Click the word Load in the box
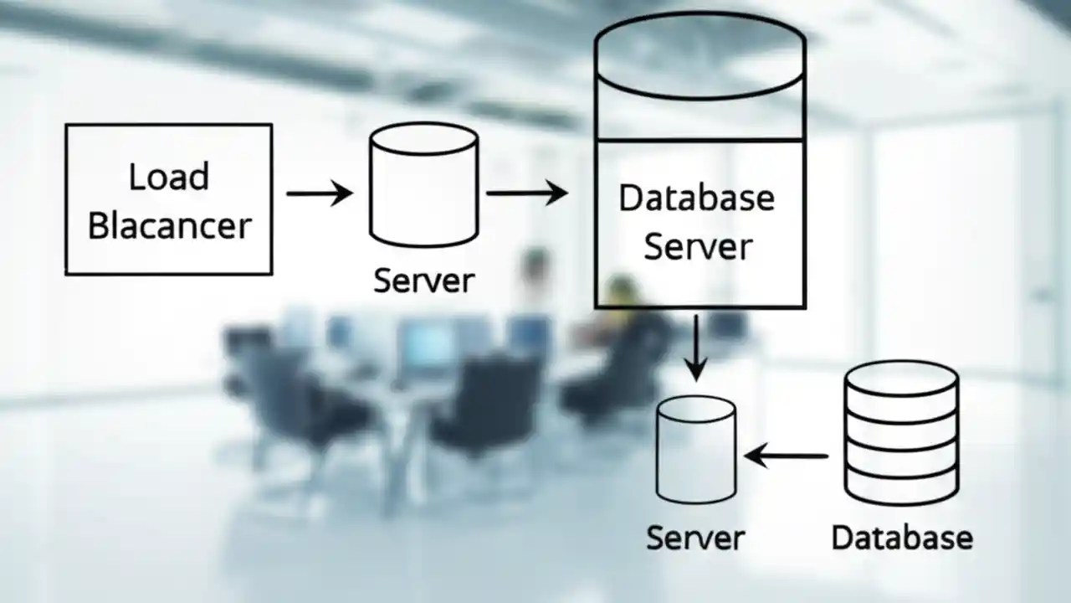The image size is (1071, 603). pos(169,177)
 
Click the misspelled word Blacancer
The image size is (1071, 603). pos(169,226)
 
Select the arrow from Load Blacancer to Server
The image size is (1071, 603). pos(319,193)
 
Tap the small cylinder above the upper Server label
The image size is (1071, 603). pos(423,186)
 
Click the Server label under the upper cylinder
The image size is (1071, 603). pos(423,281)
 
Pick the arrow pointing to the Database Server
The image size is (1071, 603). pos(526,193)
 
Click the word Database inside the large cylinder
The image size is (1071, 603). pos(696,198)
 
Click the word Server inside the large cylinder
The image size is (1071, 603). pos(698,247)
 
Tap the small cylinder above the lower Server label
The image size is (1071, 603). pos(695,449)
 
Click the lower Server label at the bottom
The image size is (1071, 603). pos(695,537)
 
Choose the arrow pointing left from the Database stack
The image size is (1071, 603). pos(787,456)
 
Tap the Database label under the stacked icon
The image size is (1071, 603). pos(902,537)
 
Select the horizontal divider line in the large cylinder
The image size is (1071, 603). pos(699,140)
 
